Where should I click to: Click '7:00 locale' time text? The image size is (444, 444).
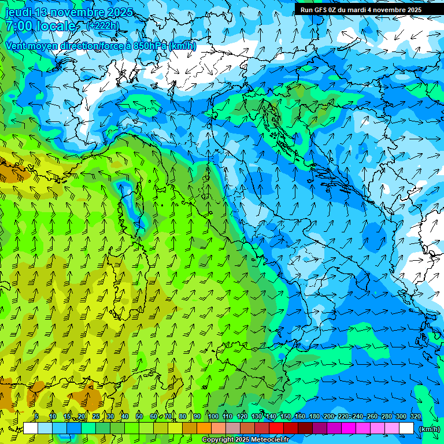coord(42,26)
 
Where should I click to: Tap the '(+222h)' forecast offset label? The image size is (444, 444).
coord(102,25)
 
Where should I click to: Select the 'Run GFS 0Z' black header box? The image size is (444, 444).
coord(361,10)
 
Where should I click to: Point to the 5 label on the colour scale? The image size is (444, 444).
coord(36,417)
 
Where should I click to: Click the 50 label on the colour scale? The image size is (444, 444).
coord(139,417)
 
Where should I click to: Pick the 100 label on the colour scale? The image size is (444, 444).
coord(213,417)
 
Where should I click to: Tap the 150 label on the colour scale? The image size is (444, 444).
coord(286,417)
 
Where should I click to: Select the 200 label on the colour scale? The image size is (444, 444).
coord(329,417)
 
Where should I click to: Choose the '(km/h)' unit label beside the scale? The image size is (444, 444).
coord(430,429)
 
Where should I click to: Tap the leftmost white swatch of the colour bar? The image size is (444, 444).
coord(31,428)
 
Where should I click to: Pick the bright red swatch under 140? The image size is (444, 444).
coord(276,428)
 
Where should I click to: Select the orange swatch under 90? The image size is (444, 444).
coord(204,428)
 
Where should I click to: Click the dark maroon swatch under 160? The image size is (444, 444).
coord(305,428)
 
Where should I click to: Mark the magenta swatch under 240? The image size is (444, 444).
coord(363,428)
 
